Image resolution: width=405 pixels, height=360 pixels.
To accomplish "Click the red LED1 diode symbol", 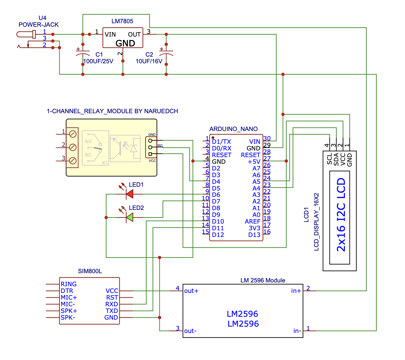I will pyautogui.click(x=130, y=194).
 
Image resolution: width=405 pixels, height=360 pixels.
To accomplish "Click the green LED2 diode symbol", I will pyautogui.click(x=130, y=217).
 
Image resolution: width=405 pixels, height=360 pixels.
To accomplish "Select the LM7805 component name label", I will pyautogui.click(x=122, y=21).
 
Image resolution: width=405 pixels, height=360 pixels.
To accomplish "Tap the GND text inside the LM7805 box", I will pyautogui.click(x=125, y=43).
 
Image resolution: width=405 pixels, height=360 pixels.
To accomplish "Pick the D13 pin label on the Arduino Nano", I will pyautogui.click(x=254, y=235).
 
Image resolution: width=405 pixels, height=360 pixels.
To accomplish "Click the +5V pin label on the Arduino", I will pyautogui.click(x=254, y=162).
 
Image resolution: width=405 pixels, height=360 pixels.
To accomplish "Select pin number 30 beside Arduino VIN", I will pyautogui.click(x=267, y=138).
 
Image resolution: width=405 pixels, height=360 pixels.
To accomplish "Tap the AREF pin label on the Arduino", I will pyautogui.click(x=252, y=222).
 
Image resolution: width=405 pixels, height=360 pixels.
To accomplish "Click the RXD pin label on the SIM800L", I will pyautogui.click(x=112, y=304).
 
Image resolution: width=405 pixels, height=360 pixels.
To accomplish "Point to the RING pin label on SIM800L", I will pyautogui.click(x=69, y=284).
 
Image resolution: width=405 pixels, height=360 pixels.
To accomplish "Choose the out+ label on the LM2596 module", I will pyautogui.click(x=191, y=291).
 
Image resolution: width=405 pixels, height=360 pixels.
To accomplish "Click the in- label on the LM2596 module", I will pyautogui.click(x=297, y=331).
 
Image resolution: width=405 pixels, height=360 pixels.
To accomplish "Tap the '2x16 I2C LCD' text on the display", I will pyautogui.click(x=341, y=215).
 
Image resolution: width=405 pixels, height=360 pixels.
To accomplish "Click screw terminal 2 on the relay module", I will pyautogui.click(x=73, y=147).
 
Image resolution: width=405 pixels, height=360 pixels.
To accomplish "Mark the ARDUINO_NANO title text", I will pyautogui.click(x=233, y=129).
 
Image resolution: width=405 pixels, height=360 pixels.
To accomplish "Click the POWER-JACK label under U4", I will pyautogui.click(x=39, y=25).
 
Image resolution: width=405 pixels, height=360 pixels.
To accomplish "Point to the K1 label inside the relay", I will pyautogui.click(x=105, y=163).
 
